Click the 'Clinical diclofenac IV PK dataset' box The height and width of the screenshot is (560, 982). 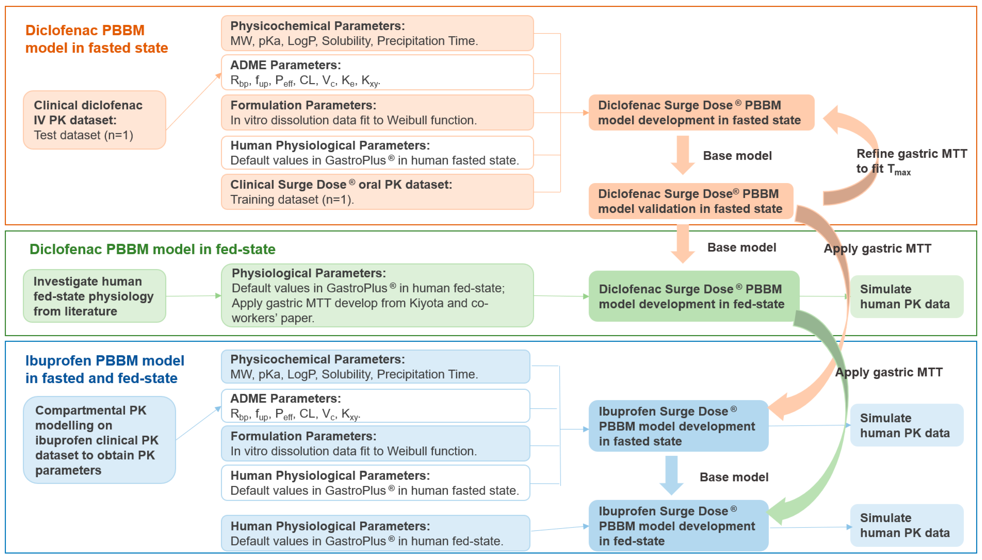click(x=94, y=120)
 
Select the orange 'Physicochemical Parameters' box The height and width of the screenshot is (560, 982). click(x=377, y=33)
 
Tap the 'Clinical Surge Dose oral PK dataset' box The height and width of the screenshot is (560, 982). click(x=377, y=192)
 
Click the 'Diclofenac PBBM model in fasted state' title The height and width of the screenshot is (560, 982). click(x=96, y=39)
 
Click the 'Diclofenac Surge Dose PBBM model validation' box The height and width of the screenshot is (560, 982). click(x=690, y=201)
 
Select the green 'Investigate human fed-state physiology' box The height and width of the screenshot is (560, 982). click(x=94, y=296)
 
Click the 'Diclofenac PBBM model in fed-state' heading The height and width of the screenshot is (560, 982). click(x=152, y=249)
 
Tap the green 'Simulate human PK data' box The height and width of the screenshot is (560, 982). click(x=906, y=297)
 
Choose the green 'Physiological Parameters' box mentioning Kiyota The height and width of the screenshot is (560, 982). click(x=377, y=295)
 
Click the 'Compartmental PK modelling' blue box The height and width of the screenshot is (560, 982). click(x=99, y=440)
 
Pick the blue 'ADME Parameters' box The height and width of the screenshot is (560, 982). click(x=375, y=406)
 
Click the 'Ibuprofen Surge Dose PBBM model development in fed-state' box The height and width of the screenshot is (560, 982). click(x=678, y=526)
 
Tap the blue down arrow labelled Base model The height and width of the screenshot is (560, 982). click(x=671, y=475)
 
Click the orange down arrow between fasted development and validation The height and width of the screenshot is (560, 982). click(x=683, y=155)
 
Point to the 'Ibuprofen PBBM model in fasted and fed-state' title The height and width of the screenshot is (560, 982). click(x=105, y=369)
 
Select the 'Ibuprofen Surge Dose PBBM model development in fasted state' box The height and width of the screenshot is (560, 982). click(x=678, y=426)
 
